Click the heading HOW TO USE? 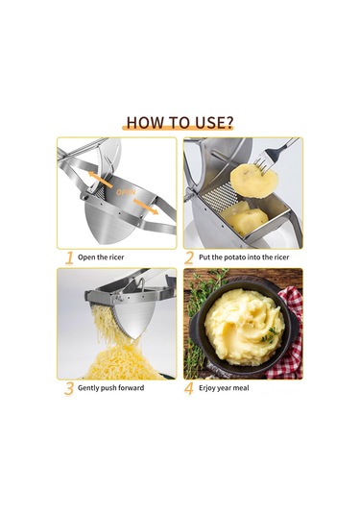(x=180, y=122)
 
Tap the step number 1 (x=69, y=258)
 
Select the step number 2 (x=189, y=258)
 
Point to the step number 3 (x=69, y=389)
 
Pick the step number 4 (x=189, y=389)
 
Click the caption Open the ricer (x=101, y=257)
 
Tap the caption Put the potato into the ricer (x=244, y=257)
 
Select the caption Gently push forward (x=110, y=388)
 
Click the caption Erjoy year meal (x=224, y=388)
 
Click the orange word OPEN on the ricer (x=126, y=192)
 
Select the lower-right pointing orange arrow (x=146, y=207)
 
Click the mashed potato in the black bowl (x=244, y=324)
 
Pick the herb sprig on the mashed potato (x=271, y=335)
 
